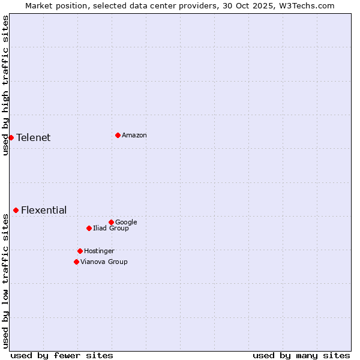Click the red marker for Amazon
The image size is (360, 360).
[118, 135]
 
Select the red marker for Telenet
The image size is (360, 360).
[11, 137]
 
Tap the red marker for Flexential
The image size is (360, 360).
[16, 210]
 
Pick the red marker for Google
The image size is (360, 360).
[111, 222]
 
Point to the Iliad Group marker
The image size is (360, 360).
[89, 228]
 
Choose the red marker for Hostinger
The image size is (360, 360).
[80, 251]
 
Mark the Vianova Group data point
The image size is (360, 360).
[76, 262]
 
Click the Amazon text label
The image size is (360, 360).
[134, 136]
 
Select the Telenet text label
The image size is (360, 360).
[34, 138]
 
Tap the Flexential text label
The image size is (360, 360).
[44, 211]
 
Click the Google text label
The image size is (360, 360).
[126, 223]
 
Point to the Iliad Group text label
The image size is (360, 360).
[111, 229]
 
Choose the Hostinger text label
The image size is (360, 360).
[99, 251]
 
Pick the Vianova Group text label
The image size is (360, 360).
[104, 262]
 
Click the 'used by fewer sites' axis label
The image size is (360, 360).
[62, 355]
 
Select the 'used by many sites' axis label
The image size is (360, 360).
[301, 355]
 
